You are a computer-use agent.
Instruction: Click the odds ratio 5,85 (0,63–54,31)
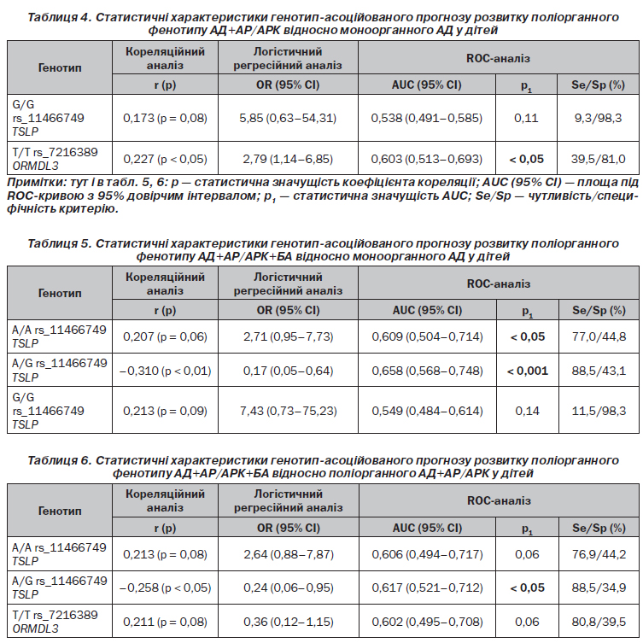pos(288,118)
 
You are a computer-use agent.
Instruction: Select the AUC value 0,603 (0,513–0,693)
pos(426,159)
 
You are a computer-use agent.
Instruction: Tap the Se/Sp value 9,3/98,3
pos(598,118)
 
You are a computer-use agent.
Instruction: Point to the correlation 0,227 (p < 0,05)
pos(166,159)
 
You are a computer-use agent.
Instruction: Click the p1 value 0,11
pos(526,118)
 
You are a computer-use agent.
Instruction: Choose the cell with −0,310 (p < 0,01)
pos(166,371)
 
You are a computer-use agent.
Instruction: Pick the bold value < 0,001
pos(528,371)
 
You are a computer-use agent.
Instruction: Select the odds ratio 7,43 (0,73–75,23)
pos(289,411)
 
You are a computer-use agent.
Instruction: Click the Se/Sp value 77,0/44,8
pos(599,336)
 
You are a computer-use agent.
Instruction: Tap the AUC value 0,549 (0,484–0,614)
pos(427,411)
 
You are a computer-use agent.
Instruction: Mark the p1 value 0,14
pos(528,411)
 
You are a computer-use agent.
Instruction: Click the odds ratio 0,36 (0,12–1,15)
pos(289,622)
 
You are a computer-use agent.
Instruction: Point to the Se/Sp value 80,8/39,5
pos(599,622)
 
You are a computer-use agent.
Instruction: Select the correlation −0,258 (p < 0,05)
pos(166,587)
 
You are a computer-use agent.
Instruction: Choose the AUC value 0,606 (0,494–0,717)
pos(427,554)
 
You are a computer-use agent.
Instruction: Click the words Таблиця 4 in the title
pos(59,17)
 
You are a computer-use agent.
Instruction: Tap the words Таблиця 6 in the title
pos(59,460)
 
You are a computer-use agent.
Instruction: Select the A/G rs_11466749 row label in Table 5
pos(59,370)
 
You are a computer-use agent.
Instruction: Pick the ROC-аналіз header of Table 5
pos(499,284)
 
